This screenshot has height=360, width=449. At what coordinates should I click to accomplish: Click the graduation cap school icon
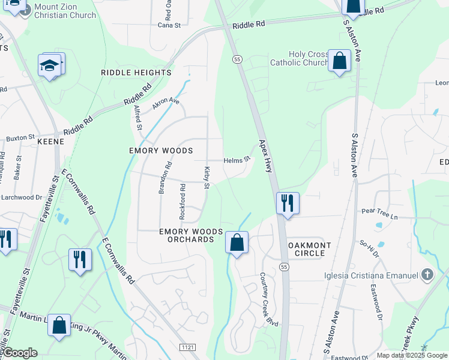coord(50,65)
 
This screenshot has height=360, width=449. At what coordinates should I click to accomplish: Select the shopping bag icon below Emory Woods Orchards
coord(237,242)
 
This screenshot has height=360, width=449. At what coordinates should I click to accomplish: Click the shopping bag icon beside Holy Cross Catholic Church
coord(340,61)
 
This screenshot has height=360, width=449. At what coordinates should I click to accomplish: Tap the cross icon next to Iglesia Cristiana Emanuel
coord(427,275)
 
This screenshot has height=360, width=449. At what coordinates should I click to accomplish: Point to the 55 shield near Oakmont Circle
coord(284,266)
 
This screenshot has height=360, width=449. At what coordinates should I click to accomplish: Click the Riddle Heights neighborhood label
coord(136,73)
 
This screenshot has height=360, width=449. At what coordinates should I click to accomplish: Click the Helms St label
coord(236,160)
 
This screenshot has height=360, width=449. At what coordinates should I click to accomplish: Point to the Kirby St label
coord(206,178)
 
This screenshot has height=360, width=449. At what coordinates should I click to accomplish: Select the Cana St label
coord(169,25)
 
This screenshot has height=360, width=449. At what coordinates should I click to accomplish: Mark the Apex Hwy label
coord(266,157)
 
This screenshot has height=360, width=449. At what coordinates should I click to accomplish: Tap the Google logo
coord(20,353)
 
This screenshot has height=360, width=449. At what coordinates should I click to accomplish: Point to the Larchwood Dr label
coord(21,196)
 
